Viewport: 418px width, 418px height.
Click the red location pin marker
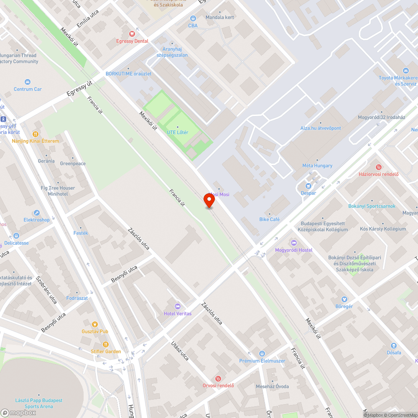209,200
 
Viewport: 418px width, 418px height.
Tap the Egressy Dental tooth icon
132,34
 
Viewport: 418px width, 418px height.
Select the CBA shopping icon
193,18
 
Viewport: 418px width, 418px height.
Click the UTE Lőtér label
178,133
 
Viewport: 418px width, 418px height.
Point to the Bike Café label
269,219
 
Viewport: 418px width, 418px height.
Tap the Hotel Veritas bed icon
178,306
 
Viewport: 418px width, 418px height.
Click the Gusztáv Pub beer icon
95,324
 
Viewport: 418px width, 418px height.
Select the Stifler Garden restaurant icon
106,344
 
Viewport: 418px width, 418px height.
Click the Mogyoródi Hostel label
293,250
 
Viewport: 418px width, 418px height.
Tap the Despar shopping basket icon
308,186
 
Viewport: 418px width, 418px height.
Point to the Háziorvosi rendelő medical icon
379,167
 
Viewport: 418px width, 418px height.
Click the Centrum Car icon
28,82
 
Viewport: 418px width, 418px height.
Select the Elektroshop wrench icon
37,213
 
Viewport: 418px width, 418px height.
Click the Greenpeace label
73,163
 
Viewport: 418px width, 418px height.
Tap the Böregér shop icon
344,299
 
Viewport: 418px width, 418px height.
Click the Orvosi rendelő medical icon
218,378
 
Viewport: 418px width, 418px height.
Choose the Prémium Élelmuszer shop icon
262,354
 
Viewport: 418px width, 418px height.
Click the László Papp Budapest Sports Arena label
38,403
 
